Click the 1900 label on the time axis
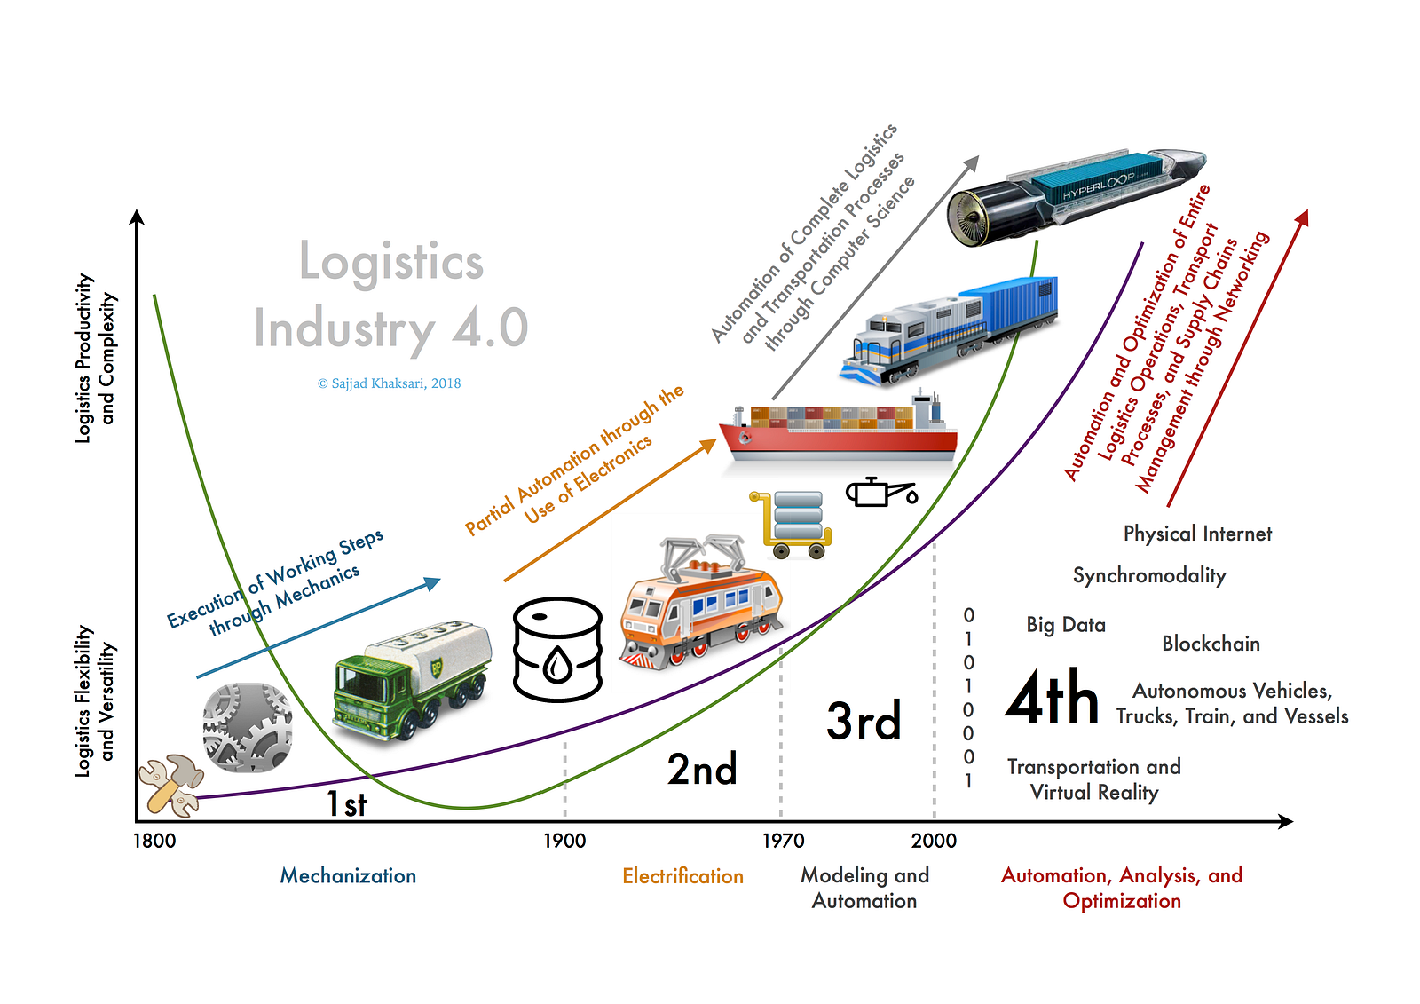point(564,841)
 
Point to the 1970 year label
point(783,841)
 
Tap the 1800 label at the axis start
point(154,841)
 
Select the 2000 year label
point(934,841)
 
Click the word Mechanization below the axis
point(348,876)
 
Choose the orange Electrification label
point(682,876)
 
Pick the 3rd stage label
point(864,721)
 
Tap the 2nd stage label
point(702,769)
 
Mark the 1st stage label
point(346,804)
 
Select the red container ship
point(838,431)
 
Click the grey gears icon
point(248,727)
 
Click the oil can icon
point(879,492)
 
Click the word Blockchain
point(1211,644)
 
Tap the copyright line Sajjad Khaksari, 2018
point(389,383)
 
